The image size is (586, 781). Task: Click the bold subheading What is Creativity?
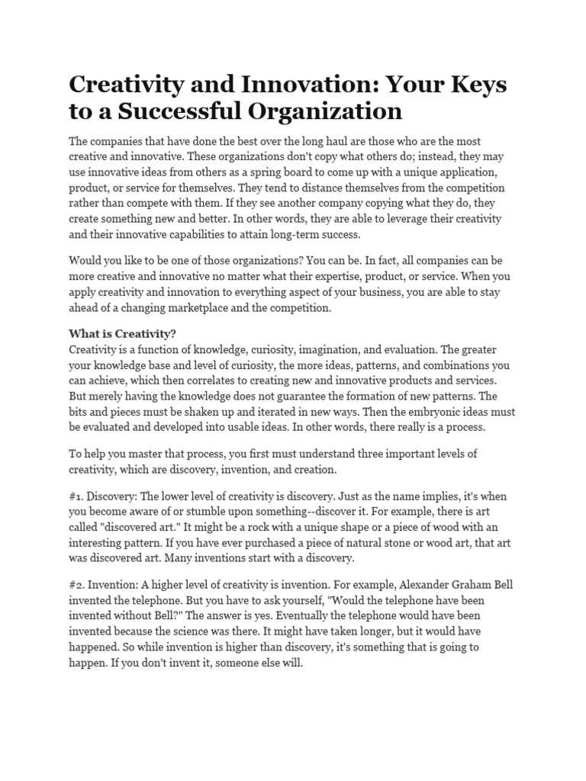[x=122, y=333]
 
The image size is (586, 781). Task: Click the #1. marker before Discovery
[x=79, y=496]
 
